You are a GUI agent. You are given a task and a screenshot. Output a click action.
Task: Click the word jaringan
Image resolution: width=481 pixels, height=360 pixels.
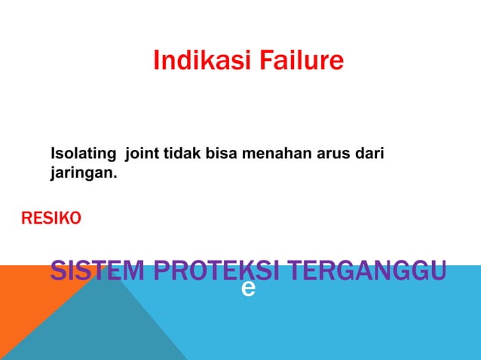[x=82, y=174]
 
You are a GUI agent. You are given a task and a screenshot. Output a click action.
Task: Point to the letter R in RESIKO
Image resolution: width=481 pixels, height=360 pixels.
[x=26, y=219]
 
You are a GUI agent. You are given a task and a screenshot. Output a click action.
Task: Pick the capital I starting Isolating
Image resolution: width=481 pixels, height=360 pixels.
[x=53, y=154]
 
